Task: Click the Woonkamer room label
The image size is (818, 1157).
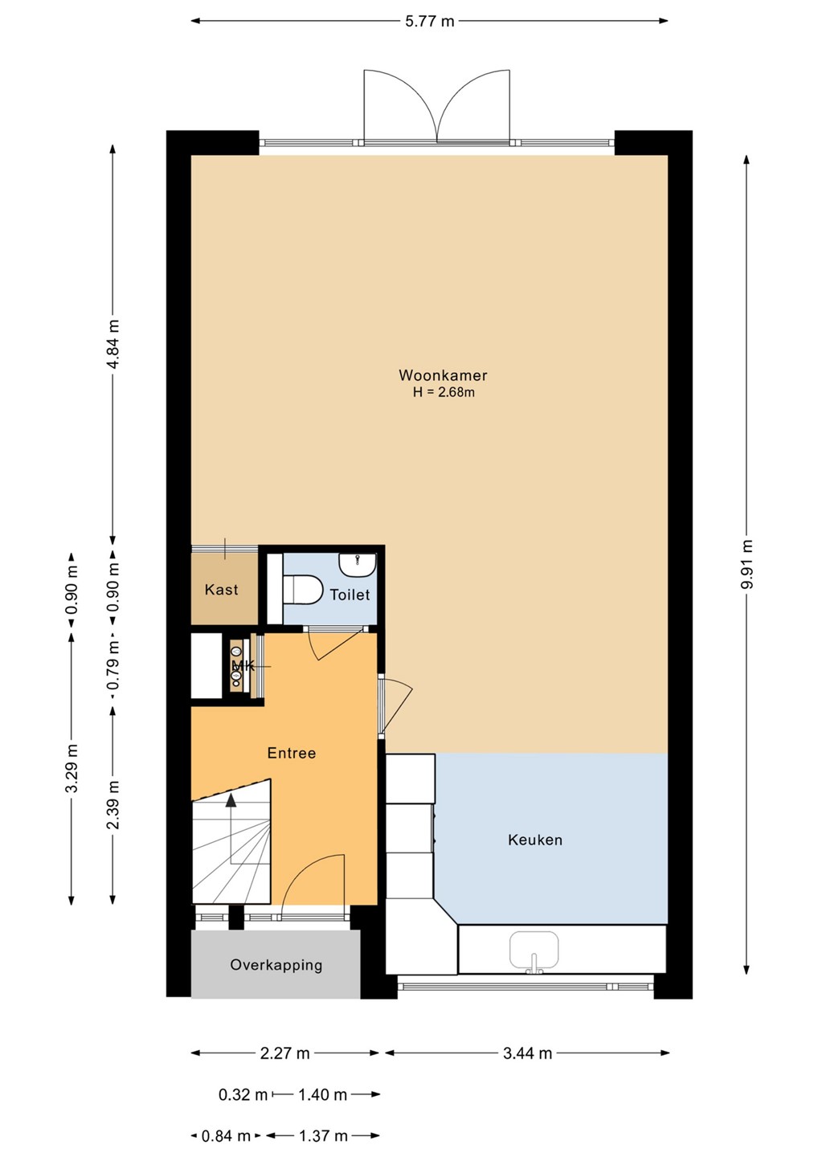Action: click(x=443, y=375)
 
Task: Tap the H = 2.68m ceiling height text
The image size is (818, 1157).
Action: click(x=444, y=392)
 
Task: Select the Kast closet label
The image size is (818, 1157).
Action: click(x=221, y=590)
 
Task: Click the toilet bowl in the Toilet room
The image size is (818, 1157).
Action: click(x=303, y=590)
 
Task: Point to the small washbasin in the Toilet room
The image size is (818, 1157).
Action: click(x=358, y=565)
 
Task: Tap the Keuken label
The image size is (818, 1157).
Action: click(x=535, y=840)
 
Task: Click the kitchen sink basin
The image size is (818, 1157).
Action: click(x=534, y=951)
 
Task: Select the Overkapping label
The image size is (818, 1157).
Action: click(x=276, y=966)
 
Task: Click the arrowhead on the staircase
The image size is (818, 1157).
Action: click(x=231, y=800)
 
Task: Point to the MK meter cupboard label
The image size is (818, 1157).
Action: click(x=243, y=666)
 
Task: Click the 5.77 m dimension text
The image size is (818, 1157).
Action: click(x=430, y=21)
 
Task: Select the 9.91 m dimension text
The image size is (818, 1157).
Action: click(x=746, y=564)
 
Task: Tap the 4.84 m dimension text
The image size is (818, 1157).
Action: click(x=112, y=344)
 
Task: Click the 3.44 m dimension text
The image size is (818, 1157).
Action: click(x=528, y=1053)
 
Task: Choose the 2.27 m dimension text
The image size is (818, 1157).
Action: click(x=285, y=1053)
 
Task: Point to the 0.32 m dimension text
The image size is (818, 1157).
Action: click(x=243, y=1094)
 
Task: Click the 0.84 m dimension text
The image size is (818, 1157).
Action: click(x=226, y=1136)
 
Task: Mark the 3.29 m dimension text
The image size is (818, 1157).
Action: click(x=72, y=768)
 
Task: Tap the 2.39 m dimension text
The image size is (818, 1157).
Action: click(x=112, y=805)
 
